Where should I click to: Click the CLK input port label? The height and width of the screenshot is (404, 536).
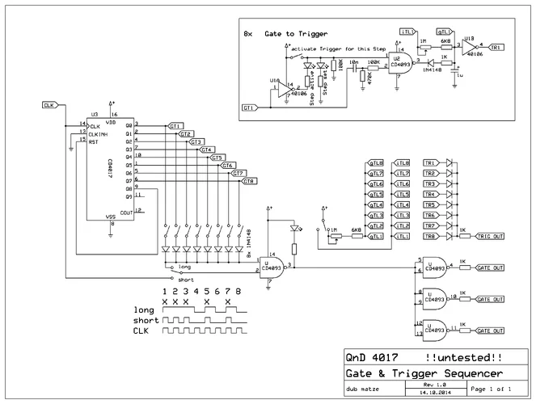point(49,105)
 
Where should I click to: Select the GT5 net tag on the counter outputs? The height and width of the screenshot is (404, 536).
point(217,158)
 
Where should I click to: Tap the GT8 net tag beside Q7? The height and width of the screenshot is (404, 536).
point(249,181)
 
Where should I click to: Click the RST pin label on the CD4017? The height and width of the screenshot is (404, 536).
point(94,141)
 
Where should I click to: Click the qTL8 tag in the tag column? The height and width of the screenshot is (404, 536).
point(376,163)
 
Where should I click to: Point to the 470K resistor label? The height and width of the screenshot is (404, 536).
point(370,78)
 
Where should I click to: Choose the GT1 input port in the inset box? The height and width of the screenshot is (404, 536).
point(250,107)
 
